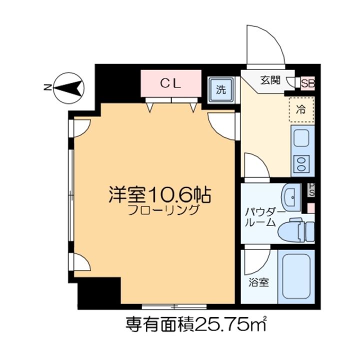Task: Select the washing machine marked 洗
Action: [x=220, y=90]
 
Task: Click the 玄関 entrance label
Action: [x=270, y=79]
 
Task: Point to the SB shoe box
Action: [x=307, y=84]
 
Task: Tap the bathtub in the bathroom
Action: [x=295, y=276]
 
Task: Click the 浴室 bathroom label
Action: [x=259, y=282]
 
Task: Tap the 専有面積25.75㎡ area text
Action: [x=195, y=325]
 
